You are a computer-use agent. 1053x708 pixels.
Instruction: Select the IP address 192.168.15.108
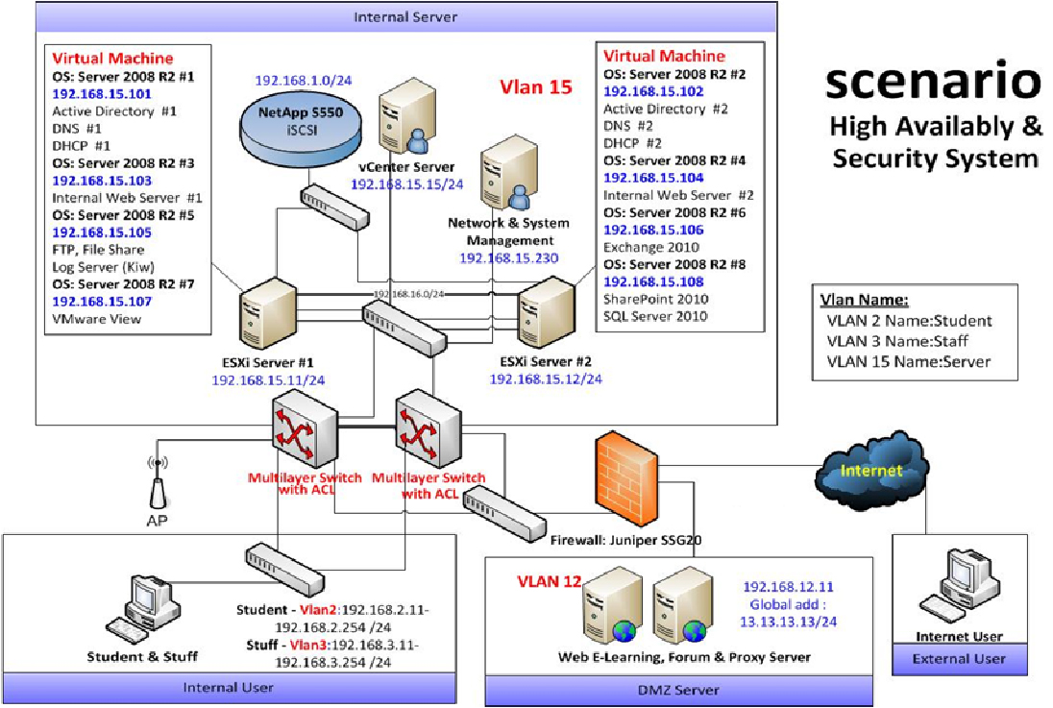[653, 281]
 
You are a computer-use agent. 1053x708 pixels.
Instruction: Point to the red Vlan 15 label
[535, 87]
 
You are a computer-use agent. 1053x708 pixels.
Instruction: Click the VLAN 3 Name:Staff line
[897, 341]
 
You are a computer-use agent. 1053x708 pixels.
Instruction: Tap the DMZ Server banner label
[678, 690]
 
